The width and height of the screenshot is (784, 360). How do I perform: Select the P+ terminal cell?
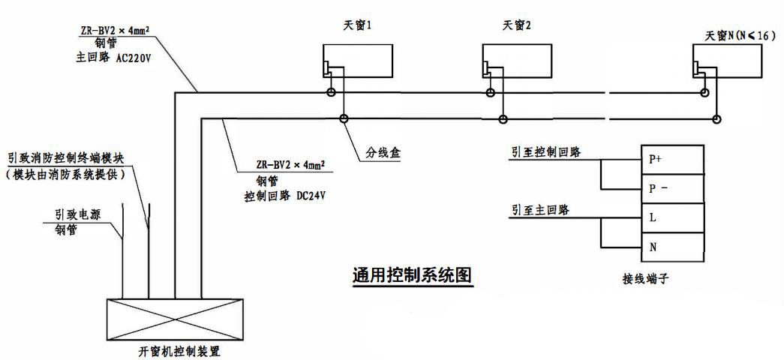672,159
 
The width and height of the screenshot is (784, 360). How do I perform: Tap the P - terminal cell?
672,188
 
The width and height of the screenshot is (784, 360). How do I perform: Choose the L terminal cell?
672,217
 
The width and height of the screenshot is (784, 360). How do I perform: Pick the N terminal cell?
672,246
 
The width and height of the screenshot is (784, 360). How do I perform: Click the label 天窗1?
358,25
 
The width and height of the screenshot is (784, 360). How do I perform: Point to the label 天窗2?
517,25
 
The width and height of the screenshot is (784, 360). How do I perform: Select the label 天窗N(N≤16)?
740,35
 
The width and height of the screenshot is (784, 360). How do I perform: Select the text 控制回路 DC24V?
287,193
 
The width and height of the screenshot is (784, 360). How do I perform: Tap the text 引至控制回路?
545,151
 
